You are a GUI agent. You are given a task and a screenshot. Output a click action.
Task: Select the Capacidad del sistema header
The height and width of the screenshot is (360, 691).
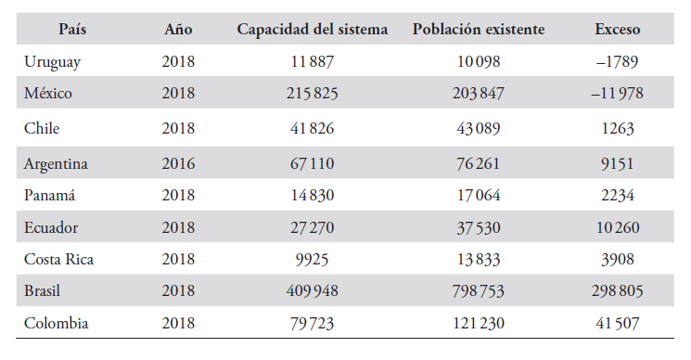[x=313, y=29]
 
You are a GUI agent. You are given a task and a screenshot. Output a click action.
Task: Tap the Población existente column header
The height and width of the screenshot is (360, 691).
[x=479, y=29]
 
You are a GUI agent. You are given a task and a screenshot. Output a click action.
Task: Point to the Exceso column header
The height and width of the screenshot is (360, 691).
[x=618, y=29]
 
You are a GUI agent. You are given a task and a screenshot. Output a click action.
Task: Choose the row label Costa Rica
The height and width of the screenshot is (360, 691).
[x=59, y=259]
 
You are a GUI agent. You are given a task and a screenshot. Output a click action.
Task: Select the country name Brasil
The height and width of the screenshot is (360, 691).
[x=44, y=291]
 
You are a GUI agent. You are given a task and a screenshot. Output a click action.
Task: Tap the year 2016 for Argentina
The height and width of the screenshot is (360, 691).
[x=178, y=163]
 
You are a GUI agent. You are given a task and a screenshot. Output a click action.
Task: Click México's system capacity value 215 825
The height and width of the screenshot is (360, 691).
[x=313, y=94]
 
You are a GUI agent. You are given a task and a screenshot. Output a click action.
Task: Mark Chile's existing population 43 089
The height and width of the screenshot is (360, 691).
[x=479, y=127]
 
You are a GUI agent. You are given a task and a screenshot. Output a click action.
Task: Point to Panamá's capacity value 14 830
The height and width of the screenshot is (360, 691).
[x=313, y=196]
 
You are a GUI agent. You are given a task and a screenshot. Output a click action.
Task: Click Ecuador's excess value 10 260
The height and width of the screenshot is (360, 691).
[x=618, y=228]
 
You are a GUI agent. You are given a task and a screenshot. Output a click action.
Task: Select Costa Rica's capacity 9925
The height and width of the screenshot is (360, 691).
[x=313, y=259]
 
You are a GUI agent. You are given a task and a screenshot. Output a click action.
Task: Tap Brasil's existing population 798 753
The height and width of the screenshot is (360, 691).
[x=479, y=291]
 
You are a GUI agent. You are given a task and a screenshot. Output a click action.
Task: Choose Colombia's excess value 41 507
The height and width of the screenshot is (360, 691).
[x=618, y=324]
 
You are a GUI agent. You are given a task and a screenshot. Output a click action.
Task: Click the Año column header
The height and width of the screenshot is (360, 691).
[x=178, y=29]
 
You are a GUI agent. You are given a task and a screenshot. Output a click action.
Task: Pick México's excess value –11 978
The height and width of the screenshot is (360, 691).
[x=618, y=94]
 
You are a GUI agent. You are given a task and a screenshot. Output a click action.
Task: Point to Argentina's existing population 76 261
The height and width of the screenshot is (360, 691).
[x=479, y=163]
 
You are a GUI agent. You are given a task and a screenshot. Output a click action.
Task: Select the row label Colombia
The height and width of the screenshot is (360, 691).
[x=57, y=324]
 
